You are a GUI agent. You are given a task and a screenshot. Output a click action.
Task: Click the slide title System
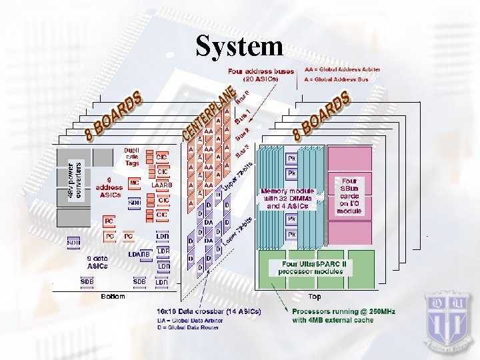[239, 46]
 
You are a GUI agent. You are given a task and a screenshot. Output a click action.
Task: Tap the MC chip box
[134, 181]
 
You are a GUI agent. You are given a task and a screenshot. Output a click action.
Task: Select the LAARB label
[162, 184]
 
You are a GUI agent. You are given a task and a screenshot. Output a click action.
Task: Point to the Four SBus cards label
[349, 195]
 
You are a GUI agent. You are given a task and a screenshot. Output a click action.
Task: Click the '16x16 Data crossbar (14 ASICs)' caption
[209, 311]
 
